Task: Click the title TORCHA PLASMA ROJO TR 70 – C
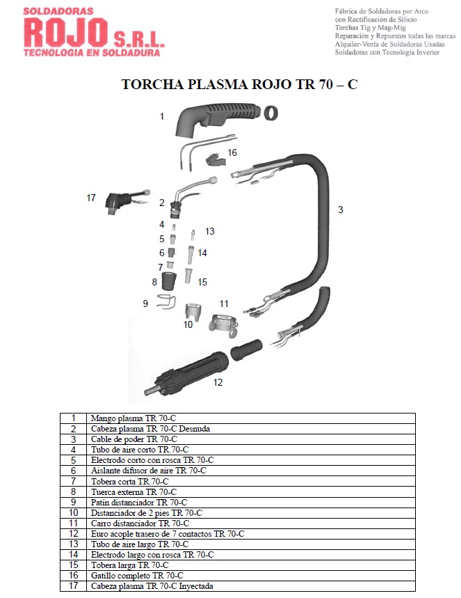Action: point(239,84)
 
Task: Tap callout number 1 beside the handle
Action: point(162,116)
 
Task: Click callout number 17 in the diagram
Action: point(91,198)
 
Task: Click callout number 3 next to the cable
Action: point(341,210)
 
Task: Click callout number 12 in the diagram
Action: point(218,382)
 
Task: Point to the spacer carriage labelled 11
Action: point(224,324)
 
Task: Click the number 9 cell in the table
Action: point(73,502)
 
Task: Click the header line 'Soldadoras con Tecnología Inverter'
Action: point(387,52)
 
